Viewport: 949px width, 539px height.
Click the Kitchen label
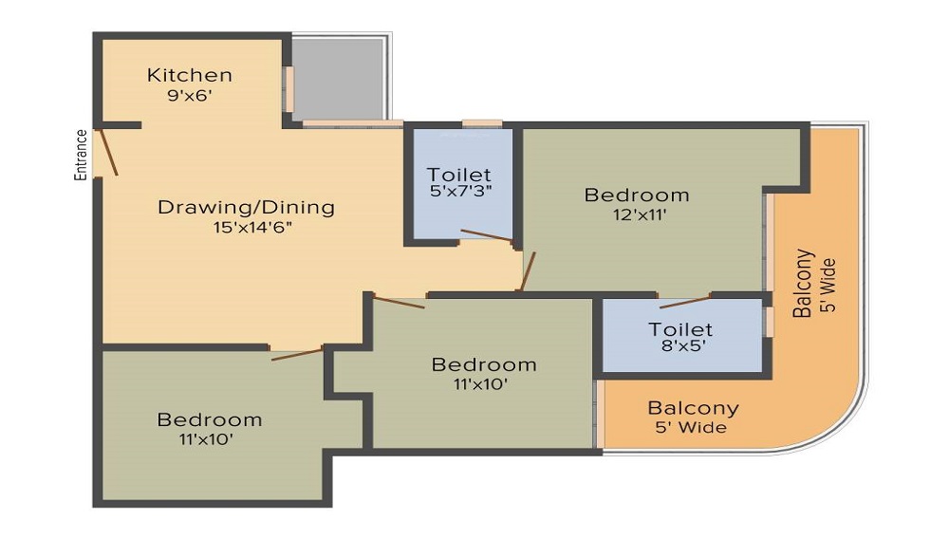190,75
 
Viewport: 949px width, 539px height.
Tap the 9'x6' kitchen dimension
190,95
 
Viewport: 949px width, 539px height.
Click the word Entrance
81,155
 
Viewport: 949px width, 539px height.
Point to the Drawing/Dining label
247,208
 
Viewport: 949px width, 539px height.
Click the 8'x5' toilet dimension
681,345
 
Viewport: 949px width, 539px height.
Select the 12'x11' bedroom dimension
640,214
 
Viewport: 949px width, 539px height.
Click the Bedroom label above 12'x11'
637,195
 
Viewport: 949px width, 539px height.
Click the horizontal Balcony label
693,408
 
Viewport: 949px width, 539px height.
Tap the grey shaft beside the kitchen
338,79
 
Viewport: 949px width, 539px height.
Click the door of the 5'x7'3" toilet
487,235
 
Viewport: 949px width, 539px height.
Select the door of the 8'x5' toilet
685,302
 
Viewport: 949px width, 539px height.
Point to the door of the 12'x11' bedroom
528,271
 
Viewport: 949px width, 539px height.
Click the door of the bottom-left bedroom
296,354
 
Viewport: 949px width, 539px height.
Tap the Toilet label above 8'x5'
680,329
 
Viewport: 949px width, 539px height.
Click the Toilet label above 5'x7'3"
458,175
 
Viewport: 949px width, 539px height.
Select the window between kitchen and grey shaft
289,89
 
